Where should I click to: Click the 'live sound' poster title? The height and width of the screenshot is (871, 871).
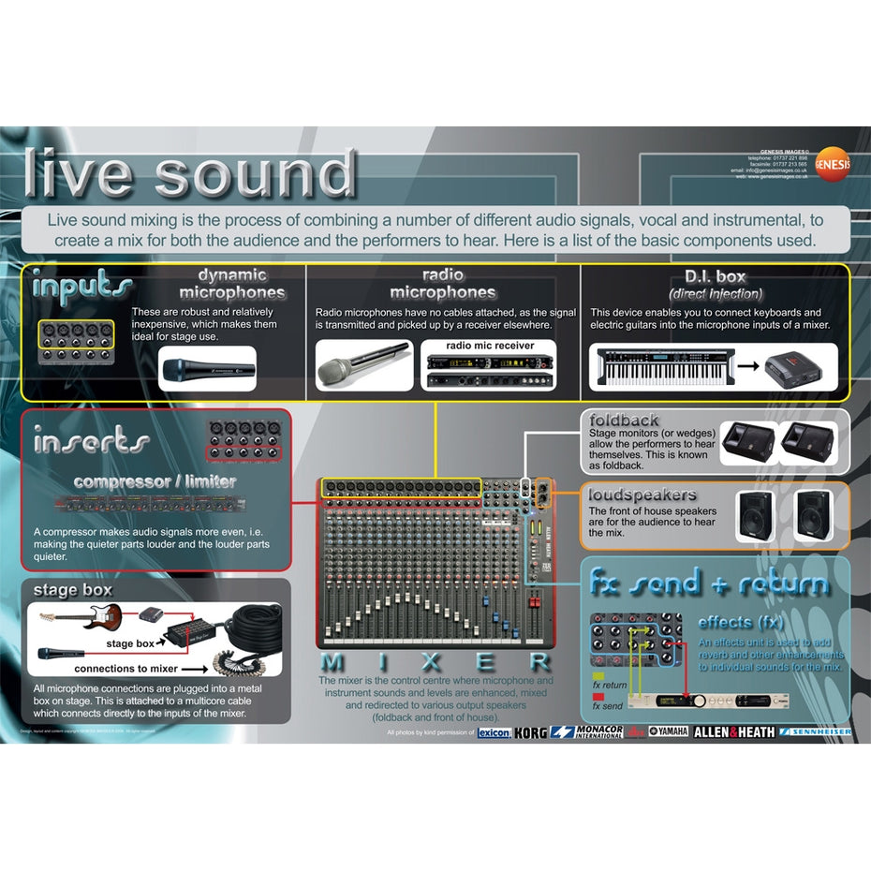click(190, 173)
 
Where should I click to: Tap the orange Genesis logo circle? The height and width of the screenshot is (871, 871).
click(833, 163)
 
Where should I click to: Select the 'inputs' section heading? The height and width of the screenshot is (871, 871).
click(81, 286)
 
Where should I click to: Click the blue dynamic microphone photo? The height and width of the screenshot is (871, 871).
click(207, 369)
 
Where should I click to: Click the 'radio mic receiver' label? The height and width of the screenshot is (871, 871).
click(490, 346)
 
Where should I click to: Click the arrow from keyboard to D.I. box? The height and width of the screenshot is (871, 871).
click(746, 364)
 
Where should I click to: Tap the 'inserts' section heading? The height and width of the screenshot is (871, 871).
click(91, 440)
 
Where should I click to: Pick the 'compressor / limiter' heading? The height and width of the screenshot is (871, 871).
click(155, 481)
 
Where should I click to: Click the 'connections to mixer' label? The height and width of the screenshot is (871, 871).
click(125, 670)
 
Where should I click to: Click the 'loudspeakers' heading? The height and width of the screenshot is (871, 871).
click(642, 494)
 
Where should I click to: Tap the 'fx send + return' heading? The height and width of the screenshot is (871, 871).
click(709, 583)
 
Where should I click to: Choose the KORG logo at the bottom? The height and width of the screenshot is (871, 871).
click(530, 732)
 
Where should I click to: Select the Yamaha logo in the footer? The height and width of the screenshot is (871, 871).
click(668, 731)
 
